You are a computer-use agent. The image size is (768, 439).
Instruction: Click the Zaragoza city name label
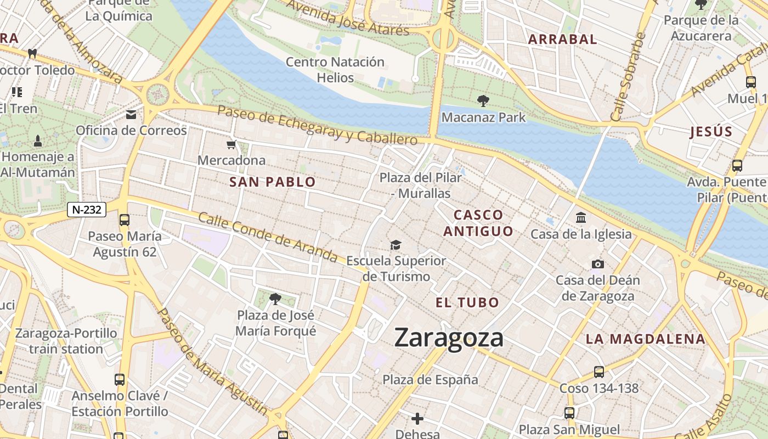(x=449, y=337)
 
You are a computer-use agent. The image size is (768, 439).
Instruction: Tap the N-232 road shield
(x=87, y=209)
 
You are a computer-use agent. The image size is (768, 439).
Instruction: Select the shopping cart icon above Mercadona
(x=231, y=145)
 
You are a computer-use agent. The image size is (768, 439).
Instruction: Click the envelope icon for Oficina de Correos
(x=131, y=115)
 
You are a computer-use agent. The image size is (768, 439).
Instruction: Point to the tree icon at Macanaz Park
(x=483, y=101)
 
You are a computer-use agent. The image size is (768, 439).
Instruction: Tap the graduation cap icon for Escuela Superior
(x=396, y=245)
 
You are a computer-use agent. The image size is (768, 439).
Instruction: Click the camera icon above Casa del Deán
(x=598, y=264)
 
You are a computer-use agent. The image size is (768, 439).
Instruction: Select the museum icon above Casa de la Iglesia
(x=581, y=218)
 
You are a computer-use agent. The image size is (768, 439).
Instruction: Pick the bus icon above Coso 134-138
(x=599, y=372)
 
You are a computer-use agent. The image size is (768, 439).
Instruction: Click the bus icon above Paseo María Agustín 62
(x=125, y=220)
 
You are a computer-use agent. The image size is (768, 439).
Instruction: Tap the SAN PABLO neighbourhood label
(x=273, y=182)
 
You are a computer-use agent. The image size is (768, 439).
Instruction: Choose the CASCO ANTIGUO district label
(x=478, y=223)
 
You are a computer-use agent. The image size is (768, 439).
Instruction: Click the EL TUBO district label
(x=467, y=302)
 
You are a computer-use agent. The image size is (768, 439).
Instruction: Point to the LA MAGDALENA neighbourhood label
(x=645, y=339)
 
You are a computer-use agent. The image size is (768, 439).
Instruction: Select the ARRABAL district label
(x=562, y=40)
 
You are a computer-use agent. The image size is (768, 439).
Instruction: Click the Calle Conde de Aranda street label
(x=268, y=237)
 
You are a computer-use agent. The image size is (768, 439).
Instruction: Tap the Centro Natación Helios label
(x=335, y=70)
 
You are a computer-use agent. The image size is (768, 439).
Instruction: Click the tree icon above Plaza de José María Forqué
(x=275, y=299)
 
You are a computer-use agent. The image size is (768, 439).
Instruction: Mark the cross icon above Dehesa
(x=417, y=419)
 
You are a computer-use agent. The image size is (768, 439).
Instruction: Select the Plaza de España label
(x=430, y=380)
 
